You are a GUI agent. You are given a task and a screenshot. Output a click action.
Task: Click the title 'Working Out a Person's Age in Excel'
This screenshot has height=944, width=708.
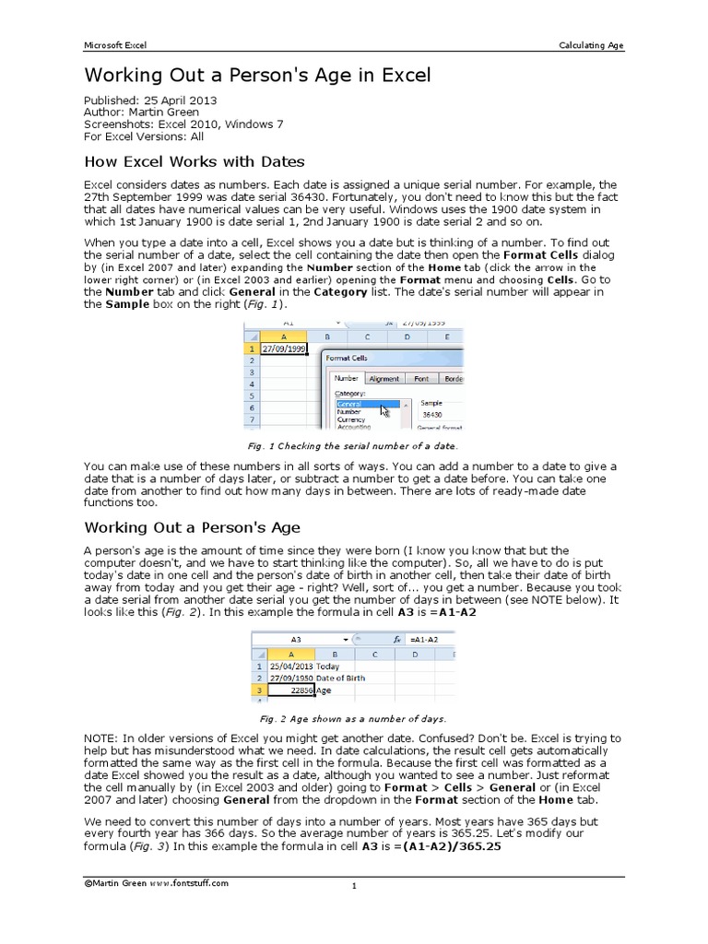(x=257, y=75)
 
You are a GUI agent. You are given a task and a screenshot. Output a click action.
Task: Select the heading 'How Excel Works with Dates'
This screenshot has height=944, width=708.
(x=195, y=161)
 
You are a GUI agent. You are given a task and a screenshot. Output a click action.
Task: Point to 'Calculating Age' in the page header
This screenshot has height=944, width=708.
(x=591, y=44)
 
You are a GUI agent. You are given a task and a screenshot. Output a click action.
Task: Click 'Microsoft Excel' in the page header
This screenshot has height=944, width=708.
(x=115, y=44)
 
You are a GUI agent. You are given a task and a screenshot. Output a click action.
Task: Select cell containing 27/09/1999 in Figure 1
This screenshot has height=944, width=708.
(x=284, y=349)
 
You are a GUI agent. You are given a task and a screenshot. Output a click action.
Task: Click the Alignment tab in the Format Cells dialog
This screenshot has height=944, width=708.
(x=384, y=378)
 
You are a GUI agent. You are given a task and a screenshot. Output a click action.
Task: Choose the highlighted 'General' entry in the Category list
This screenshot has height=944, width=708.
(x=367, y=404)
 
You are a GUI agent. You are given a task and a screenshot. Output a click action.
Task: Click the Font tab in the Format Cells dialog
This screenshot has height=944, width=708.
(x=420, y=378)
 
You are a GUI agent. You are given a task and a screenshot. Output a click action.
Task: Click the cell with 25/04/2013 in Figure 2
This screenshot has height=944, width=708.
(x=288, y=666)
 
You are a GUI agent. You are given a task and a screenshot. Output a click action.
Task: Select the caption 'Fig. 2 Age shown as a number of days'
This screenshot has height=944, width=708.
(x=353, y=718)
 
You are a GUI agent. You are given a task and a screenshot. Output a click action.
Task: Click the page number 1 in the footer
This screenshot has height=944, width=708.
(x=353, y=887)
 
